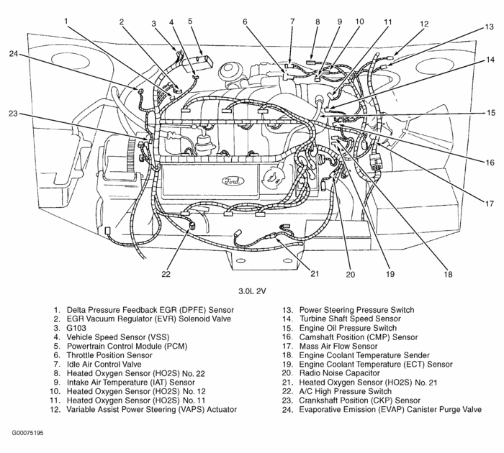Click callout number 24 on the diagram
click(x=14, y=54)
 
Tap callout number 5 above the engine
click(x=190, y=21)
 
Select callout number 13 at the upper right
click(x=490, y=27)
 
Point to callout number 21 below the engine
click(x=314, y=273)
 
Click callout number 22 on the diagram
click(x=166, y=273)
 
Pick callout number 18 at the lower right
click(x=448, y=274)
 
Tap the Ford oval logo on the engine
click(x=235, y=180)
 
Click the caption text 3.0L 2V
click(x=251, y=292)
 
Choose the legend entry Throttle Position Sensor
click(x=109, y=355)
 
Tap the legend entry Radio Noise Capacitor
click(x=330, y=373)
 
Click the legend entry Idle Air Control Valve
click(x=104, y=364)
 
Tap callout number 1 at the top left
click(x=66, y=21)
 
